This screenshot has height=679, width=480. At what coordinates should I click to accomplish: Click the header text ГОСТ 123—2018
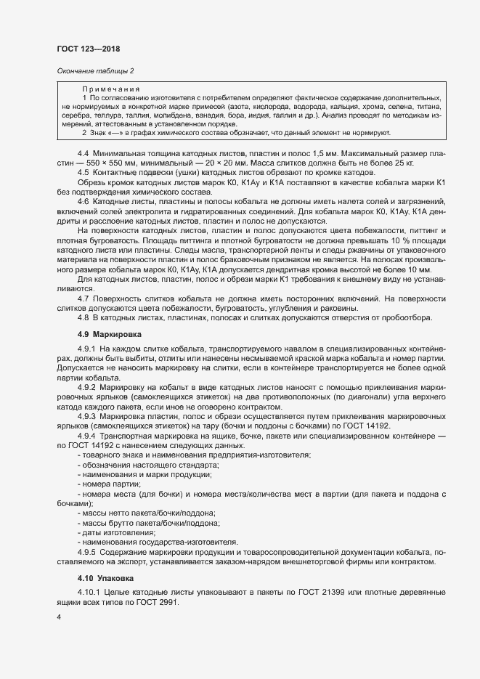coord(88,49)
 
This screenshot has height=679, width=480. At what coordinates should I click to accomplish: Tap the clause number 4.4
coord(83,154)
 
